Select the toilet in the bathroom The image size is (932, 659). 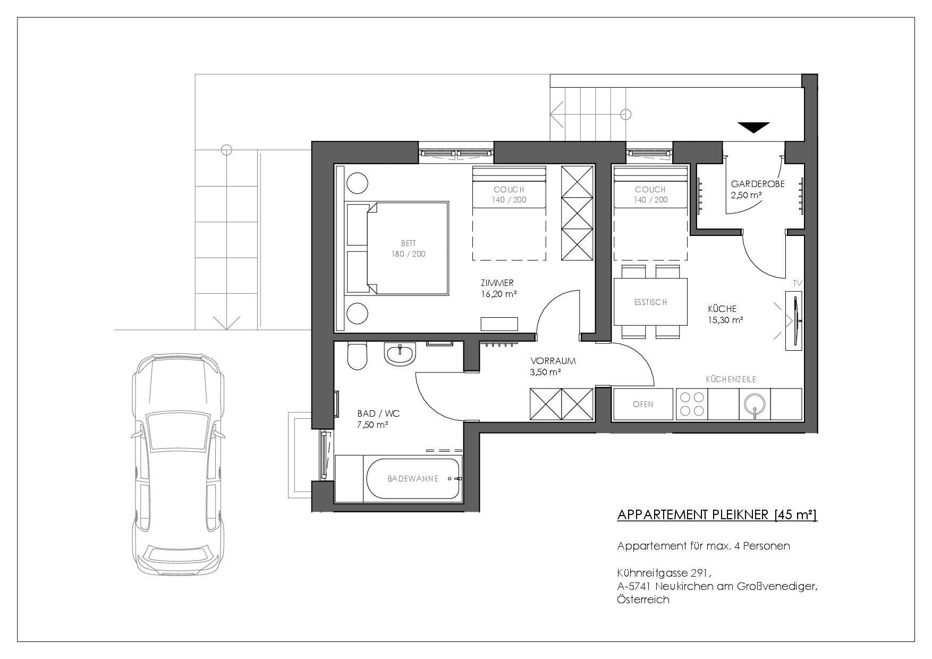click(x=357, y=356)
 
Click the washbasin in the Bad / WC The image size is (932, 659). click(x=401, y=353)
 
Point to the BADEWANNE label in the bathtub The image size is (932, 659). click(x=413, y=479)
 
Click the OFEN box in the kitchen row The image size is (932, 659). click(x=643, y=404)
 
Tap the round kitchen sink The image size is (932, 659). click(x=755, y=404)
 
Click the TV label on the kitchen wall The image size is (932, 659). click(x=797, y=283)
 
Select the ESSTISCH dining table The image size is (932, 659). click(x=651, y=302)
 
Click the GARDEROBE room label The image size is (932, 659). click(x=758, y=184)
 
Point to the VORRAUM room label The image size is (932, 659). click(x=553, y=361)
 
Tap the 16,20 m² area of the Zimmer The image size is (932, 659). click(x=498, y=293)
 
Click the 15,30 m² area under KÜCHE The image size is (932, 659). click(x=725, y=320)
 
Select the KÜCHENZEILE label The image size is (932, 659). click(x=731, y=379)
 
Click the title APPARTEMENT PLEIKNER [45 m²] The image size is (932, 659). click(x=717, y=514)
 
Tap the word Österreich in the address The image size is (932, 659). click(x=643, y=600)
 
